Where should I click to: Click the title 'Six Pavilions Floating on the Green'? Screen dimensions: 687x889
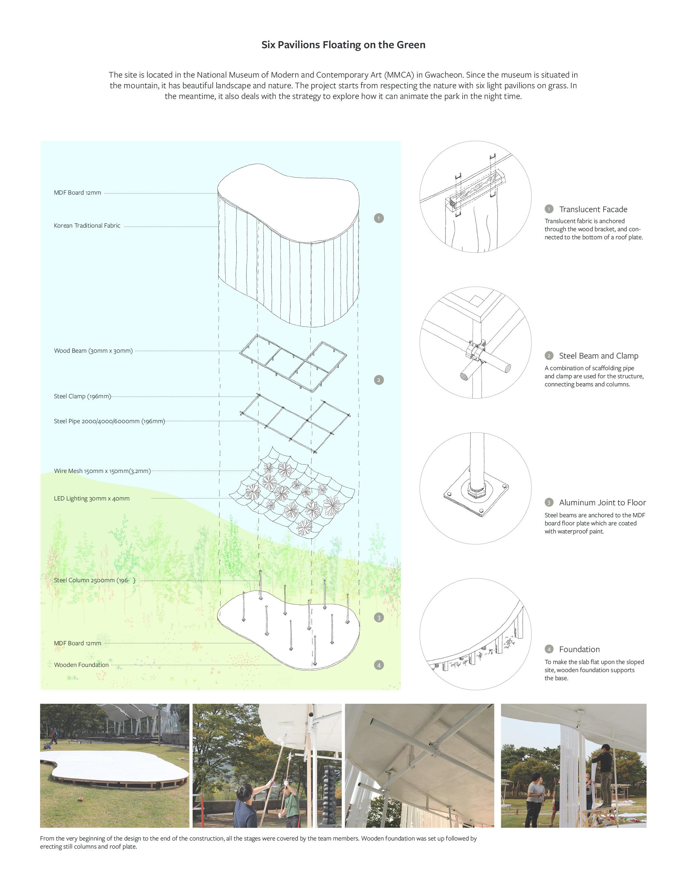tap(343, 45)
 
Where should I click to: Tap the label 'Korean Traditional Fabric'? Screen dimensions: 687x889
tap(87, 226)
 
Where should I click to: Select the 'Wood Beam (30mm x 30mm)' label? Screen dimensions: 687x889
tap(93, 350)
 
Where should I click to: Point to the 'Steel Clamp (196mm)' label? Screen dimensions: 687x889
tap(82, 396)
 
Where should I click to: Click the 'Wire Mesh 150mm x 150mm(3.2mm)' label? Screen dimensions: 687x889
tap(102, 471)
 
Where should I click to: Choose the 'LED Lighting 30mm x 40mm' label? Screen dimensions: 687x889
tap(91, 498)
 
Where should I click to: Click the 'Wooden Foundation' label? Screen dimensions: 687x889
tap(81, 665)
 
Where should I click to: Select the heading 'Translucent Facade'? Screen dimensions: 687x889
tap(593, 209)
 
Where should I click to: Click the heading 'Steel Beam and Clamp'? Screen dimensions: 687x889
tap(598, 356)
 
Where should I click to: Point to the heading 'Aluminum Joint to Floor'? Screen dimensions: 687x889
tap(602, 502)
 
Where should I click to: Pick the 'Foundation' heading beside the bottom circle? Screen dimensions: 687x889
tap(579, 649)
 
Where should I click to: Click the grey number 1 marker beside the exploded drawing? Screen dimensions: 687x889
tap(379, 218)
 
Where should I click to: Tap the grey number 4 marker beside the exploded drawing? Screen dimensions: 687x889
tap(379, 665)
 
